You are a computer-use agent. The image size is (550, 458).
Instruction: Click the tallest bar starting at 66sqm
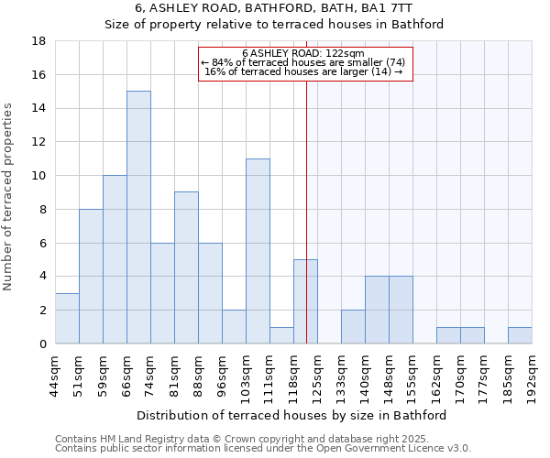138,217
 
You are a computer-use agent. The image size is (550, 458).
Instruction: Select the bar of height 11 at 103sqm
258,251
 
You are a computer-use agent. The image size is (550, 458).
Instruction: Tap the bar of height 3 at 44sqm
67,318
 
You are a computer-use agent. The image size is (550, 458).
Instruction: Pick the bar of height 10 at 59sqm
115,259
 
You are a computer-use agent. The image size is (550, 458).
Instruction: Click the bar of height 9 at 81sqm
186,267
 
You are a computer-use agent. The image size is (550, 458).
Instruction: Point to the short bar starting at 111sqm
281,335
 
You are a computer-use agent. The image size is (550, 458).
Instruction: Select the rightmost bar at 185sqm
520,335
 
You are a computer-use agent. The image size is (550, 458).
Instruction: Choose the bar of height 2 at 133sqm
353,326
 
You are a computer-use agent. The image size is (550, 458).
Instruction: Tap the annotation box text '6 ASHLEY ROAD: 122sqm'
305,53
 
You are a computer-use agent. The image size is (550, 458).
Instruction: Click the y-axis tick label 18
38,41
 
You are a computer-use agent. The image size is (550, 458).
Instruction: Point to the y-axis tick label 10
38,176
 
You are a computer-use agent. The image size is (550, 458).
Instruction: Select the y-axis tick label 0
42,344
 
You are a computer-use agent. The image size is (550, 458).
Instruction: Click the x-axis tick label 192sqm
532,376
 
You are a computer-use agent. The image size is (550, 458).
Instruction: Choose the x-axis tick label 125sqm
317,376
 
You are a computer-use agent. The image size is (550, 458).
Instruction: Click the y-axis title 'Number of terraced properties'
9,197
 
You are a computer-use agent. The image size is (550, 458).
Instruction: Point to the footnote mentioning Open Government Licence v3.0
263,449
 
